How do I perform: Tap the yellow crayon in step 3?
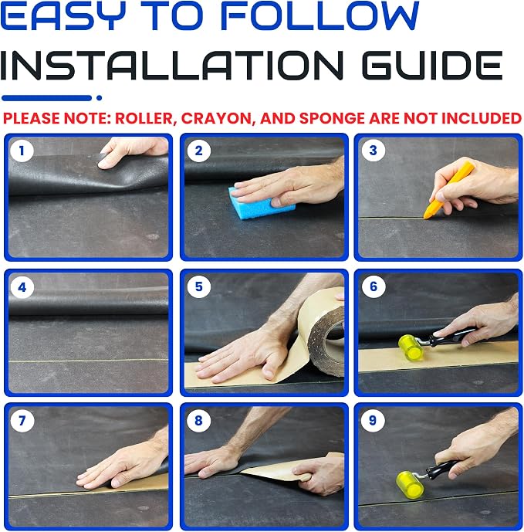(x=448, y=190)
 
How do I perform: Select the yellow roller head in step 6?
(x=411, y=347)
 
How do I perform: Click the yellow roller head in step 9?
(x=410, y=483)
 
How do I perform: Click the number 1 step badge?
(x=22, y=151)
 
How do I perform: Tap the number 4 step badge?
(x=22, y=287)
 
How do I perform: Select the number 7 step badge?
(x=22, y=420)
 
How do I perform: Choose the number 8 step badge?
(x=199, y=420)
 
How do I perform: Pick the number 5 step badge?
(x=199, y=286)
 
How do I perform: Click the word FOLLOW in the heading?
(x=320, y=16)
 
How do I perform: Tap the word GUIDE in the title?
(x=432, y=65)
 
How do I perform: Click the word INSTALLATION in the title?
(x=171, y=65)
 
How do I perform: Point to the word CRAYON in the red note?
(x=216, y=118)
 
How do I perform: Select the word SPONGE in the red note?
(x=332, y=118)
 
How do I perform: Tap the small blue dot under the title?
(x=99, y=98)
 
